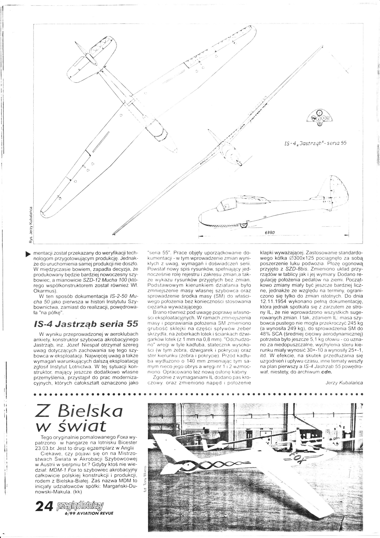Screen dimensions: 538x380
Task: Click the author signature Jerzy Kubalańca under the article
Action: (x=344, y=383)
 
